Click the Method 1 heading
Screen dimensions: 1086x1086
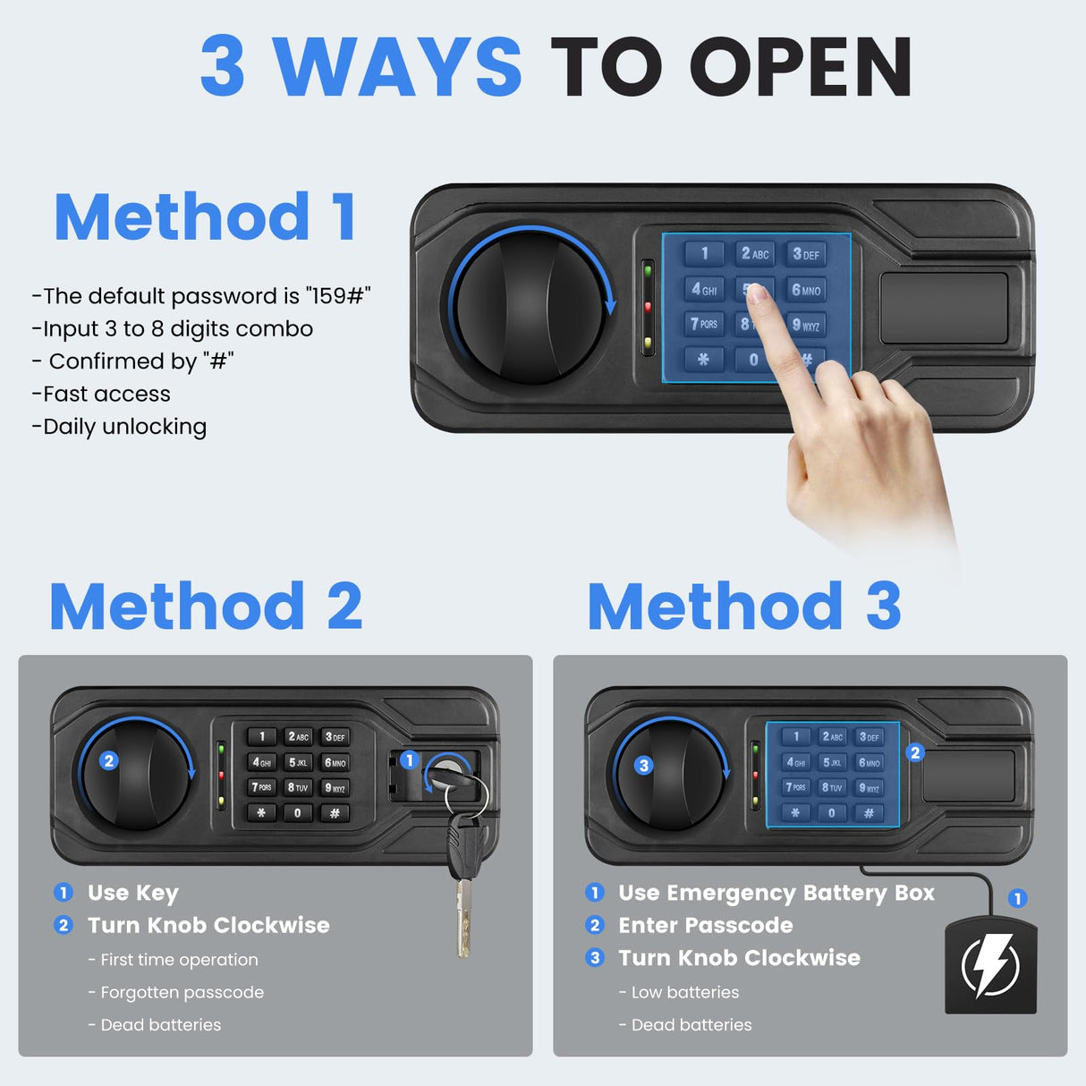(x=206, y=217)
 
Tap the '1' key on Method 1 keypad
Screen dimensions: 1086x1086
(x=704, y=253)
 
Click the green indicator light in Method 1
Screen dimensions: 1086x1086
(x=648, y=270)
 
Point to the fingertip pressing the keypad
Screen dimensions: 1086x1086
(x=757, y=294)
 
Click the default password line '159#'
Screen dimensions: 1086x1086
(x=201, y=296)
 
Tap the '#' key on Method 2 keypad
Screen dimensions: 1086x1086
(x=335, y=813)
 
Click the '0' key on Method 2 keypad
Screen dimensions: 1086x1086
(x=297, y=813)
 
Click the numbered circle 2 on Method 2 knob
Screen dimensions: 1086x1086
(x=109, y=760)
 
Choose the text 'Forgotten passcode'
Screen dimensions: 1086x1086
(x=182, y=992)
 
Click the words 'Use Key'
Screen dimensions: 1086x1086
(x=133, y=893)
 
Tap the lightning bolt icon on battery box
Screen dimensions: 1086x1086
(x=990, y=965)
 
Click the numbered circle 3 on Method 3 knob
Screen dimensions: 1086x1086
(x=643, y=765)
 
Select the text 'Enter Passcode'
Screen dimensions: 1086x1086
(x=705, y=925)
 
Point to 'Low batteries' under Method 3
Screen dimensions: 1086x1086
(x=684, y=992)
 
